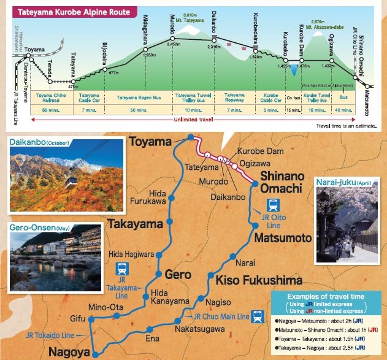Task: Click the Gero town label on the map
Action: (x=178, y=274)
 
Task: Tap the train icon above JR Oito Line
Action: (x=273, y=205)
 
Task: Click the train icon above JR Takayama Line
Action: (x=122, y=268)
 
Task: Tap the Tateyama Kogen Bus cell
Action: (x=139, y=96)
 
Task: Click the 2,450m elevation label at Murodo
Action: (x=174, y=44)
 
